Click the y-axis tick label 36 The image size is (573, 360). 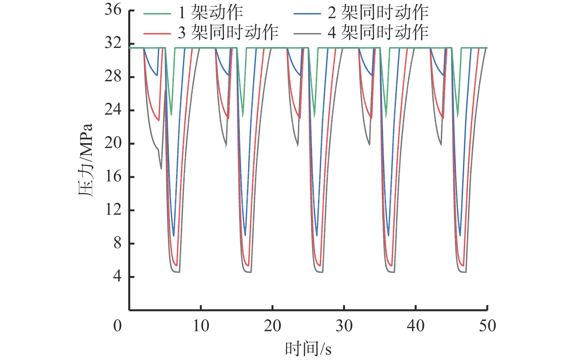click(113, 10)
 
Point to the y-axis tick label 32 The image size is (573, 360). click(113, 43)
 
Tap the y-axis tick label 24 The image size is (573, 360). click(113, 110)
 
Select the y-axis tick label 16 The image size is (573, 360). click(113, 177)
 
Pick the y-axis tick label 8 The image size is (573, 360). click(117, 243)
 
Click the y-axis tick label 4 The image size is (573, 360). click(117, 277)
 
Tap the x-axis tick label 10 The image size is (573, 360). click(201, 326)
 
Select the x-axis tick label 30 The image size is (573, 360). click(344, 326)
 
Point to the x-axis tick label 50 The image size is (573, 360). click(487, 326)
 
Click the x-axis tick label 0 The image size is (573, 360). click(117, 326)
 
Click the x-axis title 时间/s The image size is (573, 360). click(308, 349)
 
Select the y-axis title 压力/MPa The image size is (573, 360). click(85, 160)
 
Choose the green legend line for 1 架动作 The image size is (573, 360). click(157, 14)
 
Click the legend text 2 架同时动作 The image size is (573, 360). click(378, 13)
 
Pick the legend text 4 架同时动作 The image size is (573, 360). click(378, 32)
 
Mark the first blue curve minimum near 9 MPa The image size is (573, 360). click(174, 235)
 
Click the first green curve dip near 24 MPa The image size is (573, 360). click(171, 114)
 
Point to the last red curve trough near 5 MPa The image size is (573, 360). click(463, 265)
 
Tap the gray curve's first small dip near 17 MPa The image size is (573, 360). click(161, 168)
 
